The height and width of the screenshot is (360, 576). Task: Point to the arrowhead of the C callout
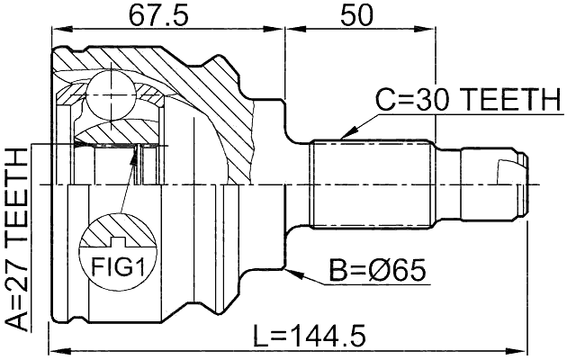point(345,136)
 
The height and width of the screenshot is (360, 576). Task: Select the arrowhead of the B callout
point(290,267)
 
